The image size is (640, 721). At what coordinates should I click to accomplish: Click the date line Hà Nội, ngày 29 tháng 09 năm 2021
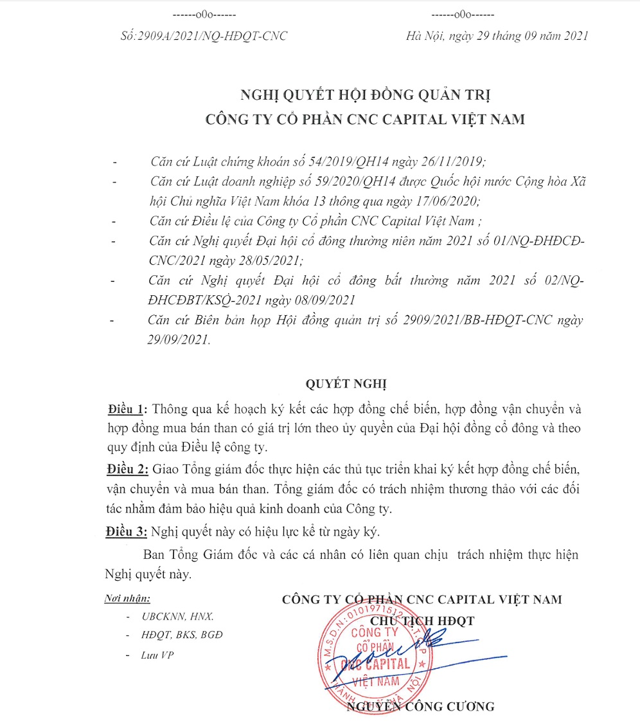pyautogui.click(x=497, y=36)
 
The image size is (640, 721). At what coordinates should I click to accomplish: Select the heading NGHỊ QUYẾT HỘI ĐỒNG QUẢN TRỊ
pyautogui.click(x=365, y=95)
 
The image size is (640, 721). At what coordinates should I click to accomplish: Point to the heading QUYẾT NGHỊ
pyautogui.click(x=346, y=384)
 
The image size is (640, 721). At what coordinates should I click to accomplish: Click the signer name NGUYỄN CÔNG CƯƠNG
pyautogui.click(x=421, y=706)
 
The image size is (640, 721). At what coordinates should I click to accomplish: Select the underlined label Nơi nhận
pyautogui.click(x=127, y=599)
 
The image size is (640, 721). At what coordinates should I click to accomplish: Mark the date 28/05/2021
pyautogui.click(x=267, y=260)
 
